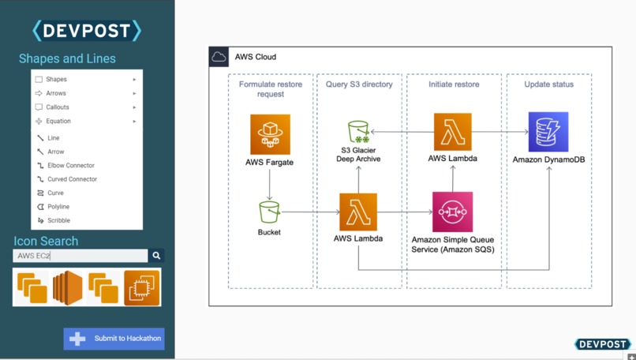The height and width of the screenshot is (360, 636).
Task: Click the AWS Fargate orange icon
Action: click(x=270, y=134)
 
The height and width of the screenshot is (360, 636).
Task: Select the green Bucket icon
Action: click(x=269, y=212)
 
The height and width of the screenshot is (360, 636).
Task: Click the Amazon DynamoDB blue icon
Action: click(x=548, y=132)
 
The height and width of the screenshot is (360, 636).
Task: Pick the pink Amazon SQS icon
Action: click(x=452, y=212)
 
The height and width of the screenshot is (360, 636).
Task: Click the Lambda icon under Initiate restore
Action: click(x=452, y=132)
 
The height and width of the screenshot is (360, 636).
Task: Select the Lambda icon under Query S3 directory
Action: click(x=358, y=212)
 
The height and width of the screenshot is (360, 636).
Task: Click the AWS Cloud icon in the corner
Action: click(x=219, y=57)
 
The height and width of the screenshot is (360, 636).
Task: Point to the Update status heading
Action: click(x=548, y=84)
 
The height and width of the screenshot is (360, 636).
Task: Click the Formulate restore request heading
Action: click(x=270, y=88)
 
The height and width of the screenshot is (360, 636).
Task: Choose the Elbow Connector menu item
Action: click(x=70, y=166)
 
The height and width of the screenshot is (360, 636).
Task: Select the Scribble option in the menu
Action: click(x=58, y=221)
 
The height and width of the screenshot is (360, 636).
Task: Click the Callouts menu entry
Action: click(x=58, y=107)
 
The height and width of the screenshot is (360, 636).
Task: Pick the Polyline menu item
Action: click(x=58, y=207)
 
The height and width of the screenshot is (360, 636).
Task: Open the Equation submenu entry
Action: click(x=58, y=122)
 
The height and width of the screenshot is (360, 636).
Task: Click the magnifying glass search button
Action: click(x=156, y=256)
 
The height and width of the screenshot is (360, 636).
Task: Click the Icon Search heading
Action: click(x=46, y=241)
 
